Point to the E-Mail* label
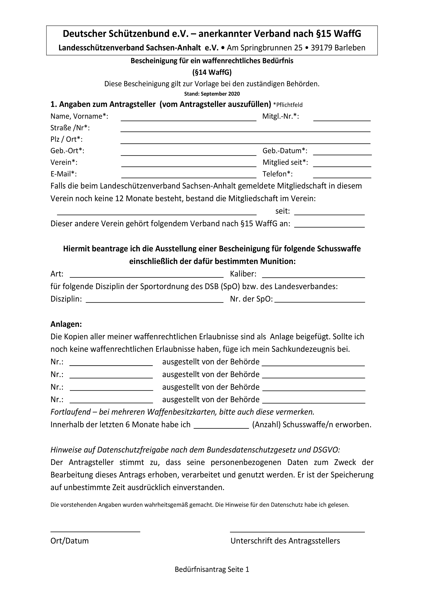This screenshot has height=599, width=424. [x=63, y=174]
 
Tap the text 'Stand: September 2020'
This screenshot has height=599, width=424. [x=212, y=94]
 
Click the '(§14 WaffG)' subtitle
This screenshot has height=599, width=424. [x=212, y=72]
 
